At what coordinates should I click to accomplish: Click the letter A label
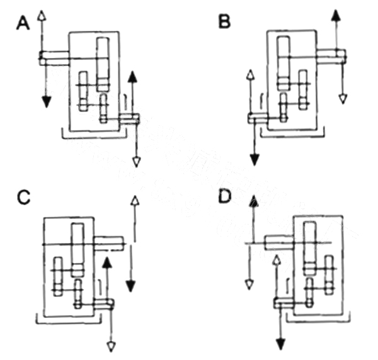23,23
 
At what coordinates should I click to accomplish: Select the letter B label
225,23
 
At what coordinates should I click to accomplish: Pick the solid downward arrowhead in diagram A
45,100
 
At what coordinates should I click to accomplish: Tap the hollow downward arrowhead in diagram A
136,161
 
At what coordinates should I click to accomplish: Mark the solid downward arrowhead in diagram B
255,159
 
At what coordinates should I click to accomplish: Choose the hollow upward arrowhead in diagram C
134,201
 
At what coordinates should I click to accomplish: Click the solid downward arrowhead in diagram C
130,286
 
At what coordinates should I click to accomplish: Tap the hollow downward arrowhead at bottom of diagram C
112,345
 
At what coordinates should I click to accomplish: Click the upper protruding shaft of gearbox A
54,58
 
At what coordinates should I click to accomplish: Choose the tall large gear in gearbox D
309,247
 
